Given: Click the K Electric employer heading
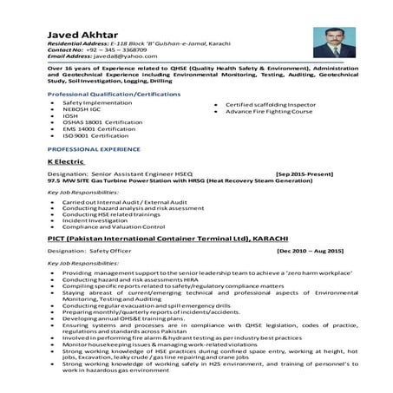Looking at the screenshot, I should [x=65, y=161].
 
